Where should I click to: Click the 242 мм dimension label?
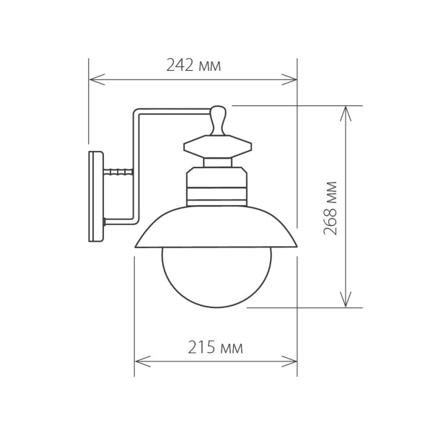pyautogui.click(x=193, y=66)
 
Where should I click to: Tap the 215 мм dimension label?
pyautogui.click(x=215, y=348)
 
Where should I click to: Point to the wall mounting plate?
pyautogui.click(x=96, y=196)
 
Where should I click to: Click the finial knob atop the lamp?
pyautogui.click(x=219, y=119)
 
